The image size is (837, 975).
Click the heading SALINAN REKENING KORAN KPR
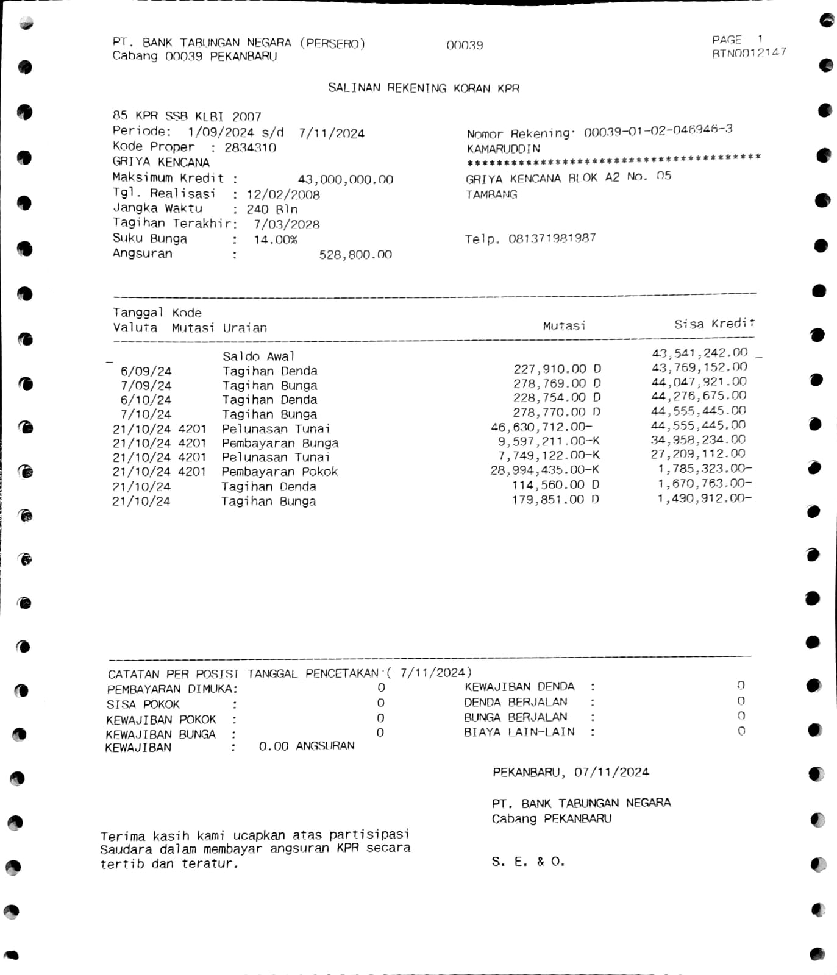(424, 88)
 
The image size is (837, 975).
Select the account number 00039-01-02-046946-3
(658, 130)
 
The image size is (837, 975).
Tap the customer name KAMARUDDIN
(504, 149)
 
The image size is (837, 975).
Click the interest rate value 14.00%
(276, 239)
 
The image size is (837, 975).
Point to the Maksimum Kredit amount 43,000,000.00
(345, 179)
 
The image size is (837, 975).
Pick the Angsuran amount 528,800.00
(355, 255)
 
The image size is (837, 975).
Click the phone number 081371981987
(552, 238)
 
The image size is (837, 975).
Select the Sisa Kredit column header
(714, 324)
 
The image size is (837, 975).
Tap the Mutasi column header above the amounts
(564, 326)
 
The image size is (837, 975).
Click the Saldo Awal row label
(258, 356)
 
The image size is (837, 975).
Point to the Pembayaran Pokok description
(279, 472)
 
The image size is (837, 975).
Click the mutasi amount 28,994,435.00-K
(544, 470)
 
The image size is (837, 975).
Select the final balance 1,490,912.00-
(704, 498)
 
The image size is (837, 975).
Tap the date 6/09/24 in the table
(146, 371)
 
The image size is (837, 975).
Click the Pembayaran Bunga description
(280, 443)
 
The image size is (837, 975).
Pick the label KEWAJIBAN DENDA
(519, 687)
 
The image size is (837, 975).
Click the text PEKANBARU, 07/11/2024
(571, 772)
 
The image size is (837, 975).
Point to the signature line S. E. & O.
(528, 862)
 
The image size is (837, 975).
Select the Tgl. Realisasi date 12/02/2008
(283, 195)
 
